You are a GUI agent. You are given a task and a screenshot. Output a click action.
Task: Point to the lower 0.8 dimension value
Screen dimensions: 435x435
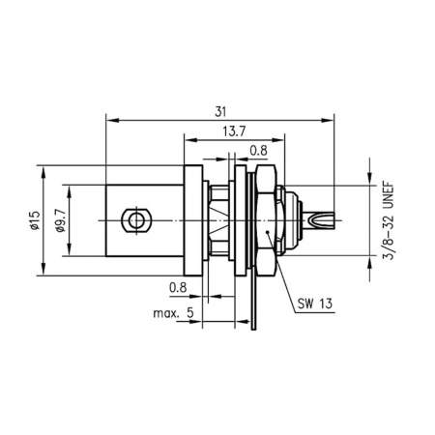tap(177, 287)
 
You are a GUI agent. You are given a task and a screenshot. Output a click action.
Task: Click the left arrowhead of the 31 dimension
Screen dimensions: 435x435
tap(109, 122)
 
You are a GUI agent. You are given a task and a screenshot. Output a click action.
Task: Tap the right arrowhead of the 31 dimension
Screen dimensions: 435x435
tap(330, 122)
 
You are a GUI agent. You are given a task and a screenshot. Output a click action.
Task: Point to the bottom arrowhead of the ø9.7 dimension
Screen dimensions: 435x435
tap(70, 257)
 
